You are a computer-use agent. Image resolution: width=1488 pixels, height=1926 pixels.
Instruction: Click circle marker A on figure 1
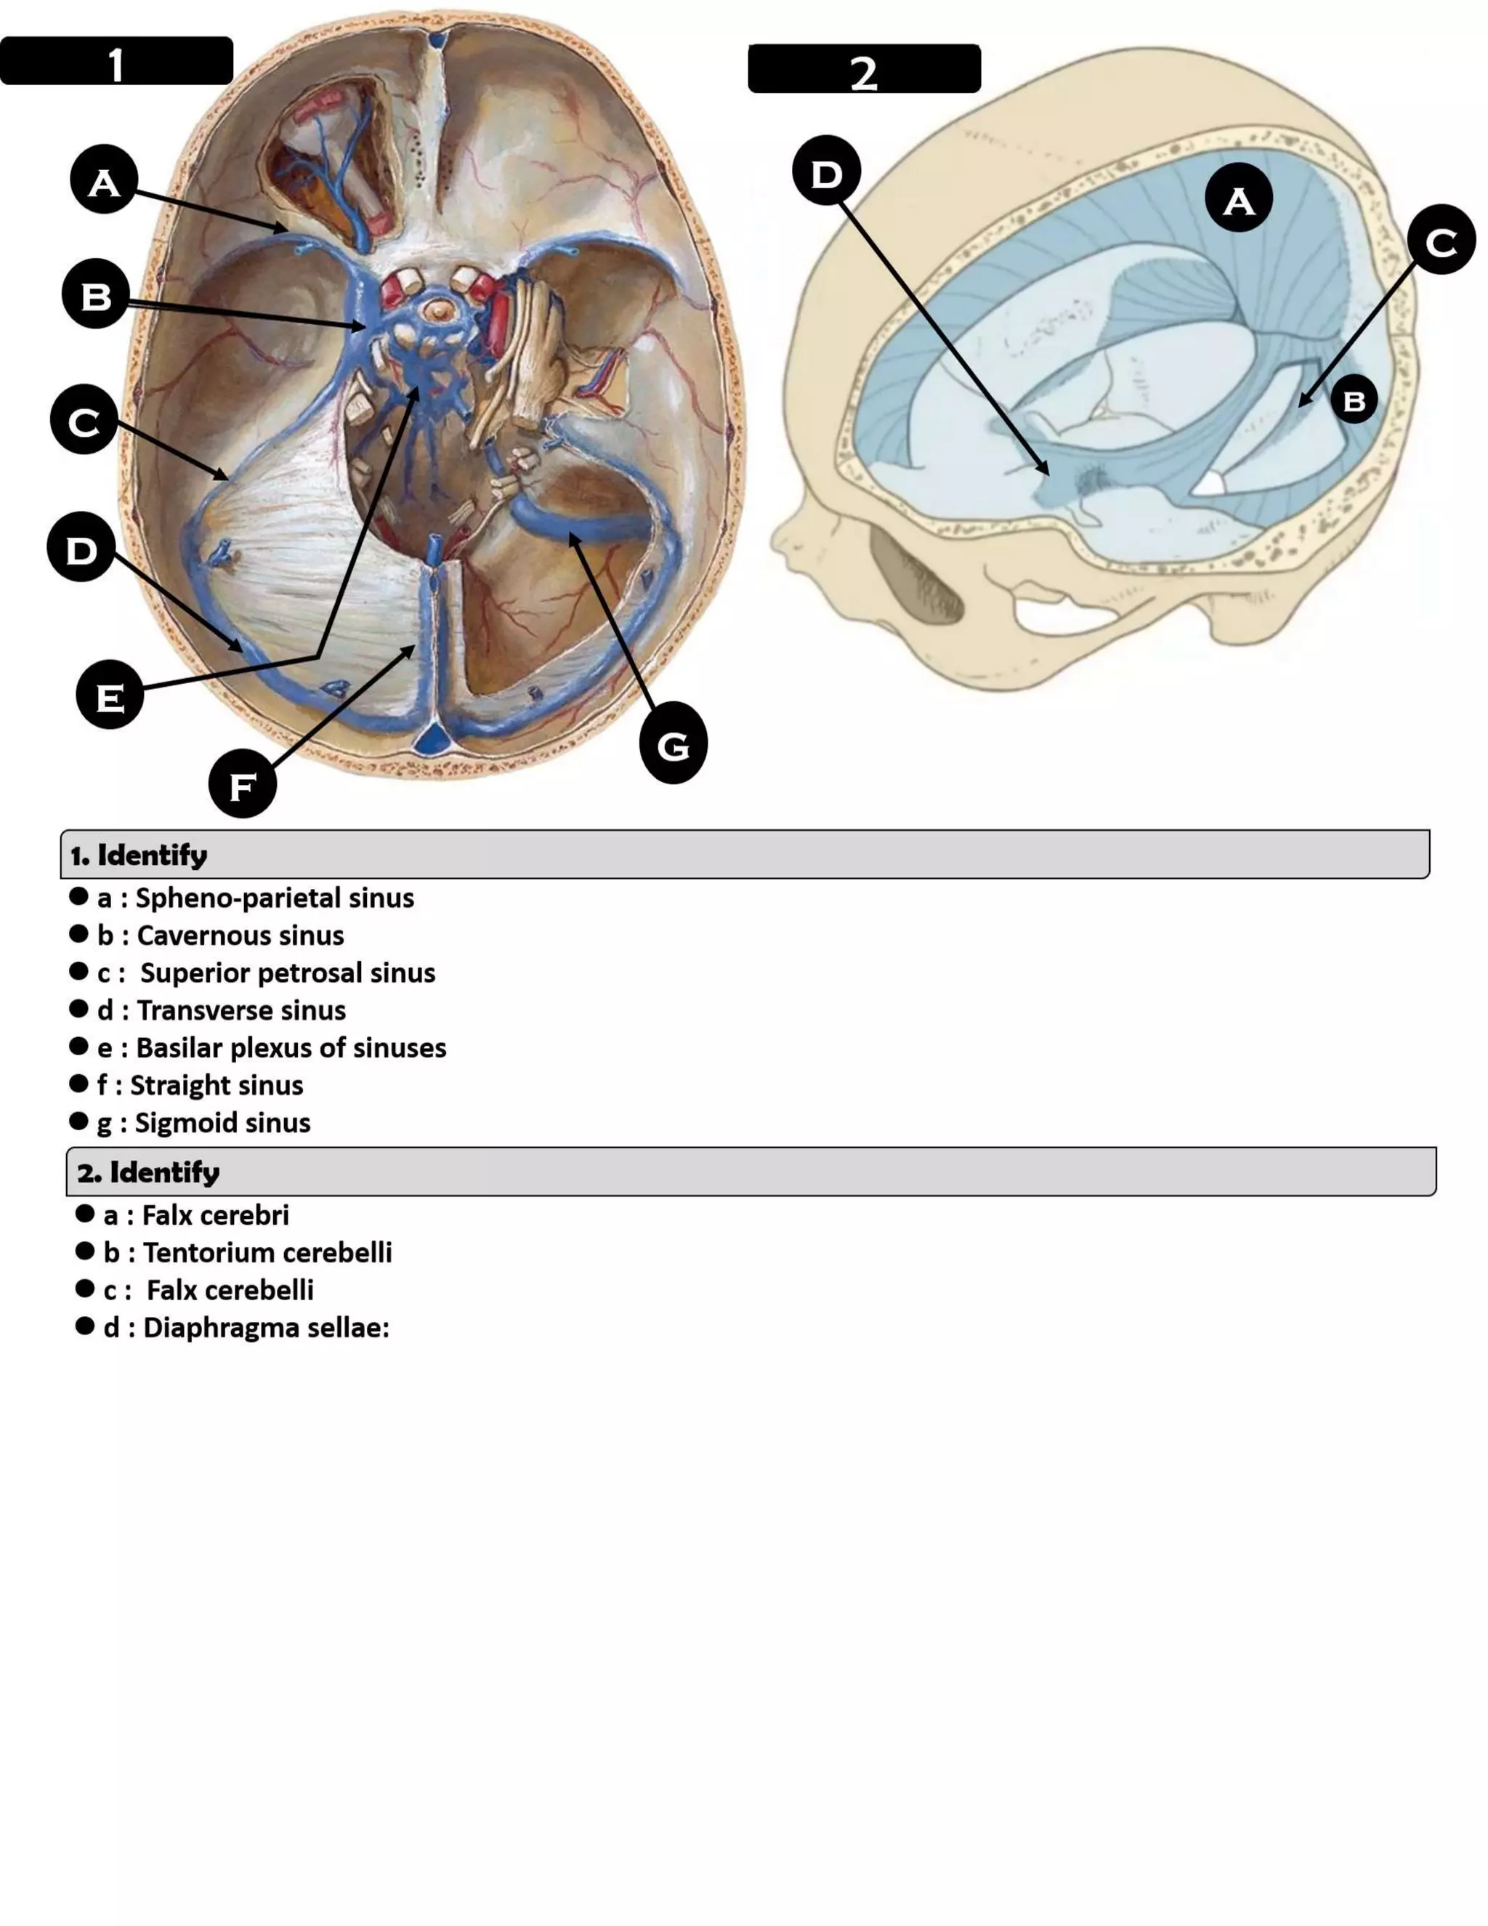pos(104,181)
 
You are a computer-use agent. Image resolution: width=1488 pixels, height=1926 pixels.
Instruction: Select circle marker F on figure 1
pos(243,784)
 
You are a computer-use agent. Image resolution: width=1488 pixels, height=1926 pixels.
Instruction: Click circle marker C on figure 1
pos(84,421)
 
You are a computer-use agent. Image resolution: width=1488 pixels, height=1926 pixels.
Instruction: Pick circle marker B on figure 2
pos(1353,400)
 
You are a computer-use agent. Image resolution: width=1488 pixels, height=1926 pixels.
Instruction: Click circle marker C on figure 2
pos(1440,240)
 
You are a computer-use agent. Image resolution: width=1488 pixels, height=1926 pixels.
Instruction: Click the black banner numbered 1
pos(116,62)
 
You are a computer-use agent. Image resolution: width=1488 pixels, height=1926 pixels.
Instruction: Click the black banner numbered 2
pos(864,69)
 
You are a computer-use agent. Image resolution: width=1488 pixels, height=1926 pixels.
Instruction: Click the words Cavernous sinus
pos(240,935)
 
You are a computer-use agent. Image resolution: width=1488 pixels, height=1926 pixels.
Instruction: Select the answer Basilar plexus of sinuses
pos(291,1047)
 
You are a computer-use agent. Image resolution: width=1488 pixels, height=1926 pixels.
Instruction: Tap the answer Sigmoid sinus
pos(222,1123)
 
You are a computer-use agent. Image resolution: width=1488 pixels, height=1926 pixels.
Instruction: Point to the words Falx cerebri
pos(215,1215)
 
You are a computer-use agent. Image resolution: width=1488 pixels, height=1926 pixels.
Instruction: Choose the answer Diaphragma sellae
pos(265,1327)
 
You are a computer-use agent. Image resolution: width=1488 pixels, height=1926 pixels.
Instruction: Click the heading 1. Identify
pos(139,855)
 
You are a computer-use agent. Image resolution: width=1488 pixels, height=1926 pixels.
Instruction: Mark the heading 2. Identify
pos(148,1172)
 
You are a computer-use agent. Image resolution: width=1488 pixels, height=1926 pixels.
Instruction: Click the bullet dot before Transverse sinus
pos(78,1009)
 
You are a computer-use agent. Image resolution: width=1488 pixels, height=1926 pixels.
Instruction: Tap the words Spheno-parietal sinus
pos(274,898)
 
